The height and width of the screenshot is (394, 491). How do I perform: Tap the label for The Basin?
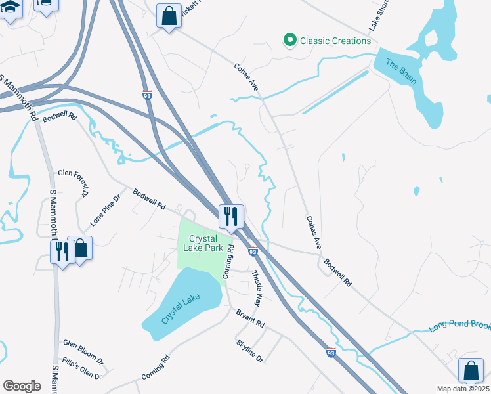[400, 72]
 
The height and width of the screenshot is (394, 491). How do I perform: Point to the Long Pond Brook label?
[459, 326]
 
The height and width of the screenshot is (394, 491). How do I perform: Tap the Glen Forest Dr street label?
[73, 183]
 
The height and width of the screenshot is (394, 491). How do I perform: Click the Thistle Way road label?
[257, 288]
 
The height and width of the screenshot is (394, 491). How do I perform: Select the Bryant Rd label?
[250, 320]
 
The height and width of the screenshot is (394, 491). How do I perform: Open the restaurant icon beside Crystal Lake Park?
[231, 215]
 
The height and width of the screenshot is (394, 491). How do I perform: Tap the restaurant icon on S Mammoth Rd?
[62, 251]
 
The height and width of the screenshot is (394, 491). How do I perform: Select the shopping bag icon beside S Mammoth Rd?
[80, 248]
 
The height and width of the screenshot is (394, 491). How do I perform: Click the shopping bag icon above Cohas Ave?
[169, 16]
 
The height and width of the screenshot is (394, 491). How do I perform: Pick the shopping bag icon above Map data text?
[471, 370]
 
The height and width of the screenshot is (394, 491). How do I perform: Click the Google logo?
[22, 386]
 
